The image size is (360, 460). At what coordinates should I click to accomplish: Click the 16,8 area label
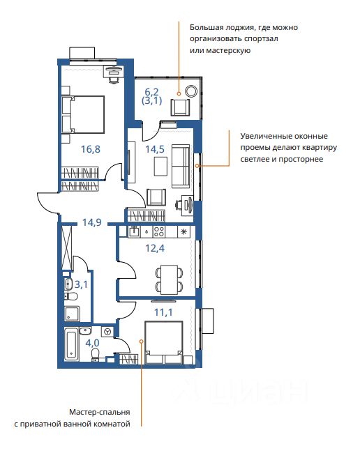click(91, 149)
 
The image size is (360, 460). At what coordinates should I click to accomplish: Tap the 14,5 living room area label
click(155, 149)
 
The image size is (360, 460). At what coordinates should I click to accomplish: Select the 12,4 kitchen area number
click(155, 248)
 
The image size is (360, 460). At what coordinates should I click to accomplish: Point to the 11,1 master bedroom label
click(163, 312)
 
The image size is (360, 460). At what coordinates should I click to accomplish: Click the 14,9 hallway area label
click(92, 222)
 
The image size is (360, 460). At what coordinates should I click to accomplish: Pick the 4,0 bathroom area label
click(93, 343)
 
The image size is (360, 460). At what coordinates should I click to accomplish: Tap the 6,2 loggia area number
click(151, 92)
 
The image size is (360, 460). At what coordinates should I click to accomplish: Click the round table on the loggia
click(191, 91)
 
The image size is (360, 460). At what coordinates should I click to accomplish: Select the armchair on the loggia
click(180, 107)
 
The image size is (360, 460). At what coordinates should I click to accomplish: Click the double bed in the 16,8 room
click(83, 114)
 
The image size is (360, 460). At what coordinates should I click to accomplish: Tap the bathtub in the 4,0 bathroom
click(72, 344)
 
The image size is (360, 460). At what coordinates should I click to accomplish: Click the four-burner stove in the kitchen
click(159, 232)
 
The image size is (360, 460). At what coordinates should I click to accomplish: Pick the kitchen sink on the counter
click(135, 231)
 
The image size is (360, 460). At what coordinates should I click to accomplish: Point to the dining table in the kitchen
click(169, 279)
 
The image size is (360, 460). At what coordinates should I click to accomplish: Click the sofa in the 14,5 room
click(181, 166)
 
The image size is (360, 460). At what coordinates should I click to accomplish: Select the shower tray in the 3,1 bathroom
click(73, 314)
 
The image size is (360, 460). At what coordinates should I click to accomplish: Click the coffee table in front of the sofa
click(160, 167)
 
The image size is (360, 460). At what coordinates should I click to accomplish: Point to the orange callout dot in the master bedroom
click(141, 342)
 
